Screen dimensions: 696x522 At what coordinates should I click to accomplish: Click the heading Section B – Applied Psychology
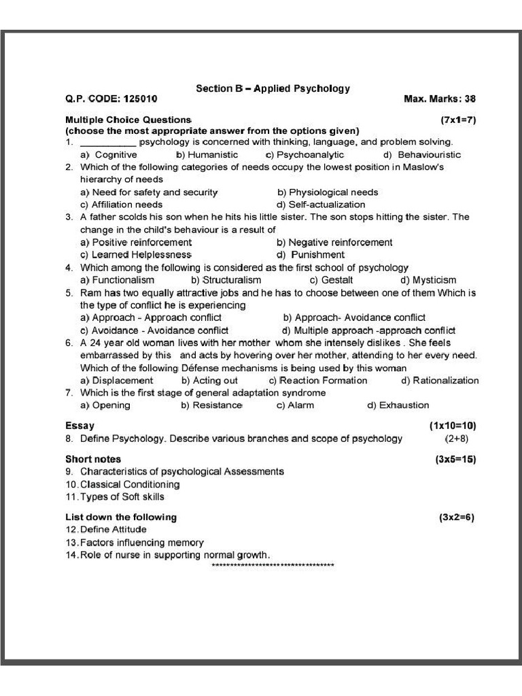coord(273,88)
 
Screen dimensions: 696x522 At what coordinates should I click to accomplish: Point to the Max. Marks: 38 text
coord(440,99)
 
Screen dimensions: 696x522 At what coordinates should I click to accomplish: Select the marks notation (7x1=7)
coord(458,120)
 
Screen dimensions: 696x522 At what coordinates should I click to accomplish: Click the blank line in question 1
coord(108,143)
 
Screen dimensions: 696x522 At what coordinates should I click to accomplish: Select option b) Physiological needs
coord(328,192)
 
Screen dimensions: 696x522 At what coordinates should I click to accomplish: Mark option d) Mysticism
coord(428,280)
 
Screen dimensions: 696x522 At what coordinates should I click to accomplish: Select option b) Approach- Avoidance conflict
coord(354,317)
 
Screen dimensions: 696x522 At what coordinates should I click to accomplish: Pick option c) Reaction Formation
coord(318,381)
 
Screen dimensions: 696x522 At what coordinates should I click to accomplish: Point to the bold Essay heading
coord(80,426)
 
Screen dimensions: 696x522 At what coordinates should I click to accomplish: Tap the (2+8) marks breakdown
coord(457,439)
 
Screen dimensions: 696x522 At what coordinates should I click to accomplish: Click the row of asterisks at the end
coord(273,566)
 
